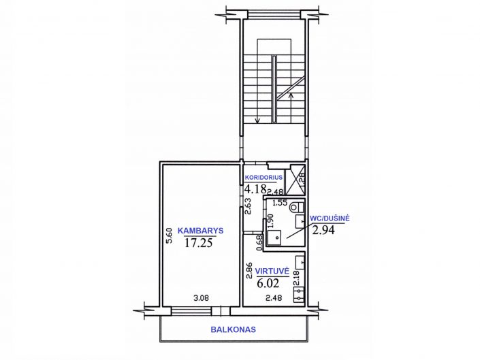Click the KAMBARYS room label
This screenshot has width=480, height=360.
(x=200, y=231)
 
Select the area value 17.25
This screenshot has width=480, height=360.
(x=199, y=243)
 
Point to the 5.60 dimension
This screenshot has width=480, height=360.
(x=169, y=236)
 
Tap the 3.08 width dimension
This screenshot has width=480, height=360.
(x=201, y=297)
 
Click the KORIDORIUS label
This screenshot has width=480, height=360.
(x=263, y=178)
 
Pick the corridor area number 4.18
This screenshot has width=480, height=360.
(x=255, y=189)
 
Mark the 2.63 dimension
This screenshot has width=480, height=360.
(x=248, y=206)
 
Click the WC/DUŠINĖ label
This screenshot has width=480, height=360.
(x=330, y=218)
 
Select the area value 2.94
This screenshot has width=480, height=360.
(x=323, y=229)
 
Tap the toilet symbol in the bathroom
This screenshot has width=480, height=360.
(x=295, y=207)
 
